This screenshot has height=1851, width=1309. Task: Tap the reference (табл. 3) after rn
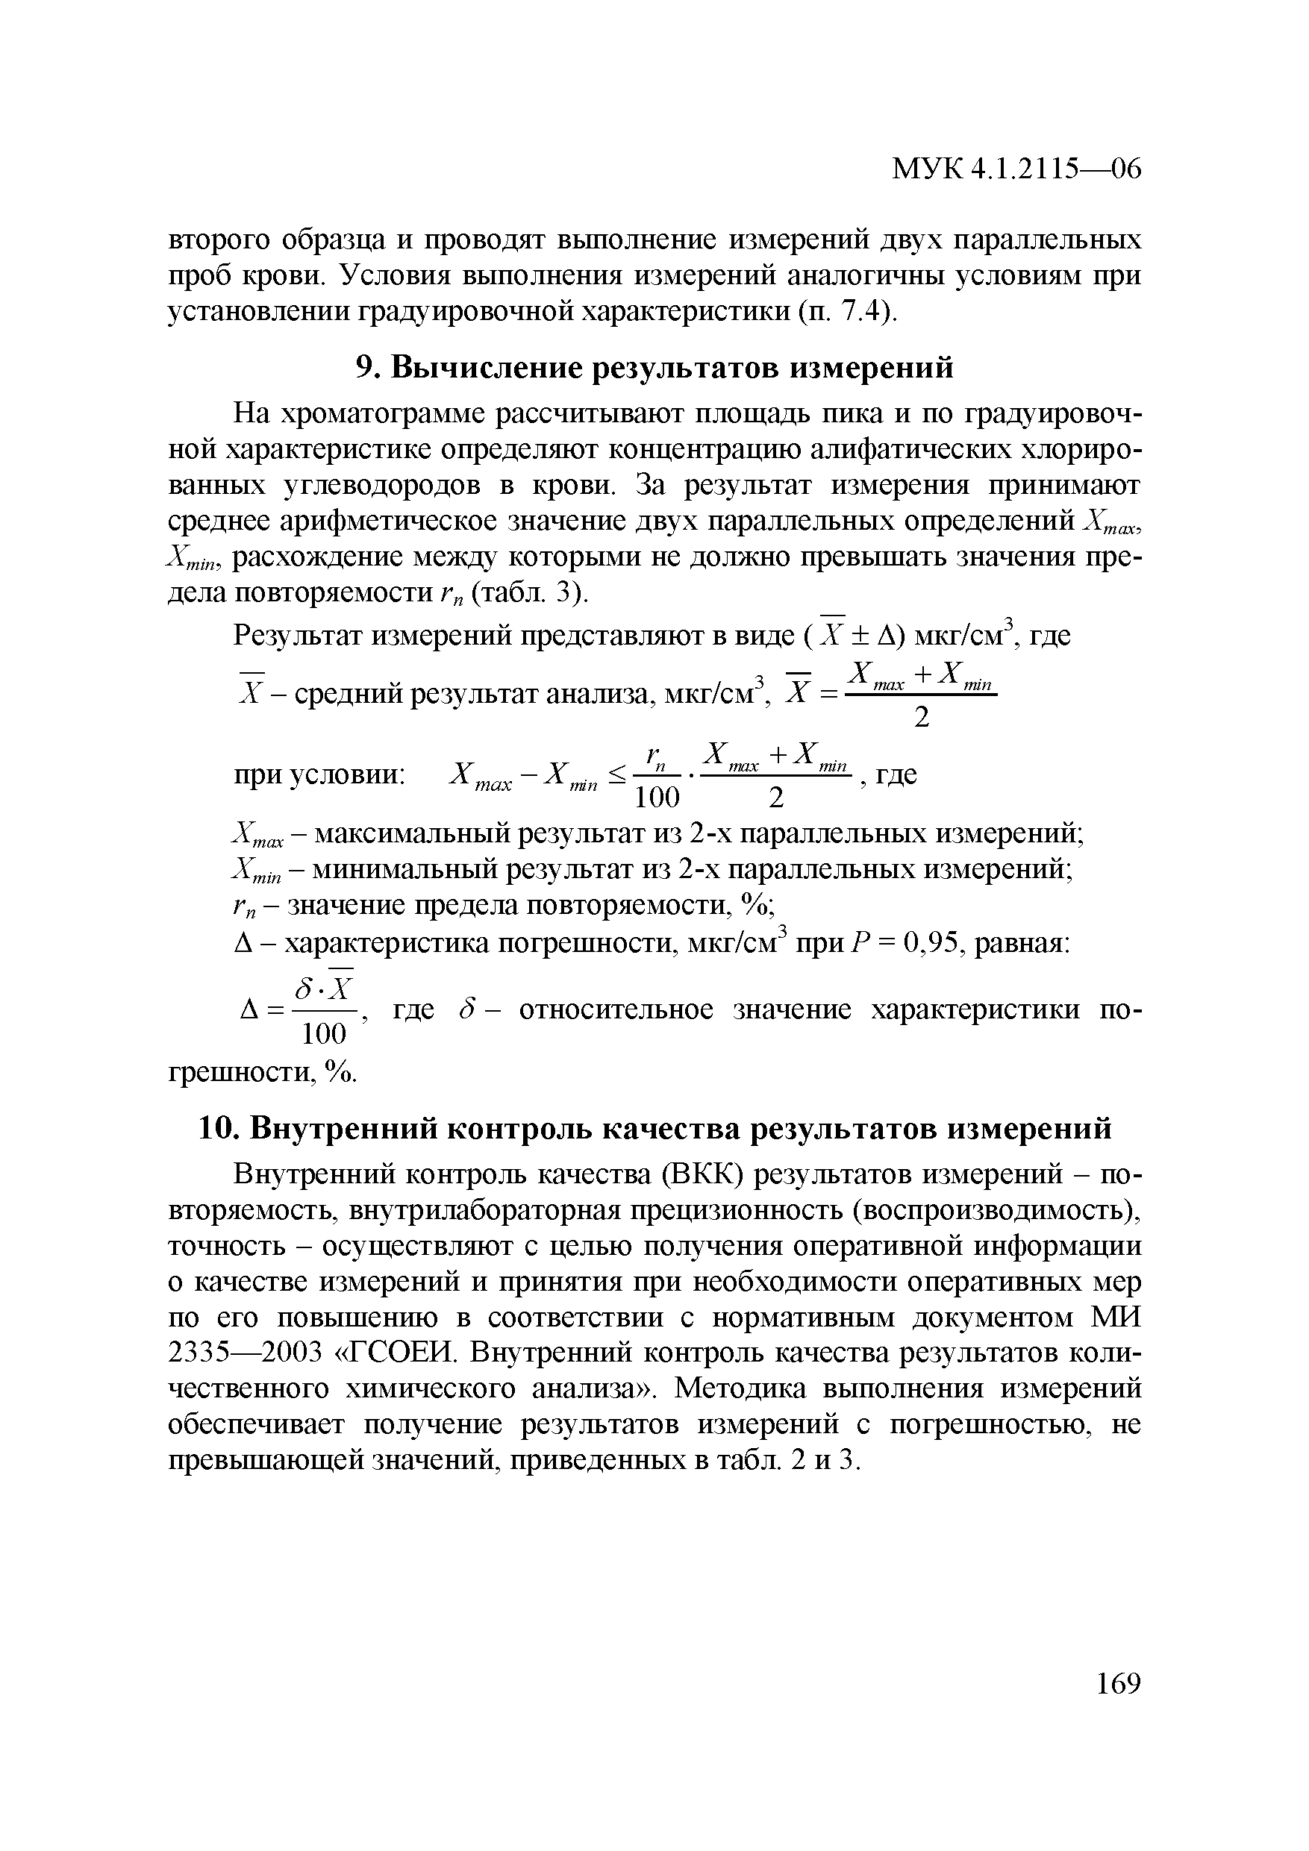pos(531,593)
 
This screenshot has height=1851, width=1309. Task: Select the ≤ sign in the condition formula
pos(616,776)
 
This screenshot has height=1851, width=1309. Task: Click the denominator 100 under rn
pos(657,798)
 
